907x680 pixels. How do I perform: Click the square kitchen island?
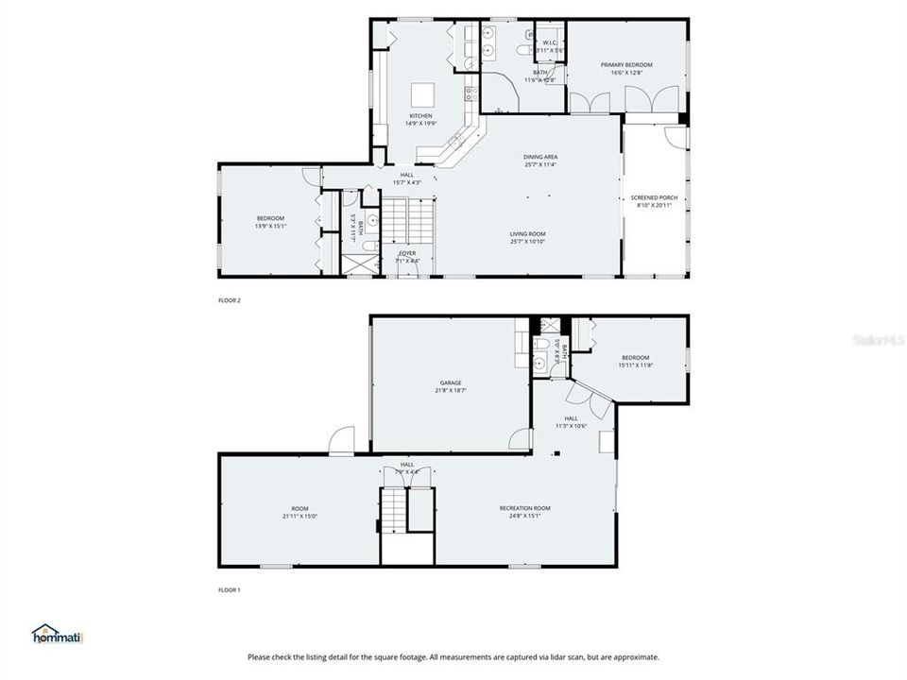(421, 94)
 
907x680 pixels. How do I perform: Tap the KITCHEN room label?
(420, 116)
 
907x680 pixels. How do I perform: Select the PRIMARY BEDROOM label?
(626, 65)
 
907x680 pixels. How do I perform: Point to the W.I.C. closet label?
(548, 42)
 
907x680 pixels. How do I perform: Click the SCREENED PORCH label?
(654, 197)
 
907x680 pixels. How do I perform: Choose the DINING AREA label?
(540, 157)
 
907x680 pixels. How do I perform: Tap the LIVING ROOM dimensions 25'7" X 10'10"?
(527, 242)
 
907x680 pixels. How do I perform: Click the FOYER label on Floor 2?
(406, 253)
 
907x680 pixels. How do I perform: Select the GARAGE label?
(451, 382)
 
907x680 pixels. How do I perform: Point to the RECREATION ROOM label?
(524, 508)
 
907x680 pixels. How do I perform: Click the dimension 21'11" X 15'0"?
(299, 517)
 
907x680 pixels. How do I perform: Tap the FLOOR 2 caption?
(230, 300)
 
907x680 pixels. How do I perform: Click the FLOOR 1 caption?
(230, 590)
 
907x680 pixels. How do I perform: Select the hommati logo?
(59, 634)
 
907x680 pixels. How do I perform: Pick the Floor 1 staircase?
(394, 510)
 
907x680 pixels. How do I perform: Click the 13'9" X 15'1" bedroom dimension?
(270, 226)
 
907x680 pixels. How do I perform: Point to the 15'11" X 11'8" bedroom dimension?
(635, 365)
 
